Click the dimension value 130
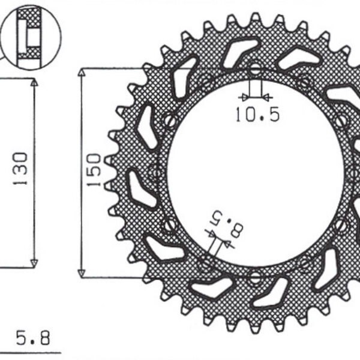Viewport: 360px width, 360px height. pos(20,169)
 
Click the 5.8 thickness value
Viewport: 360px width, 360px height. pos(33,338)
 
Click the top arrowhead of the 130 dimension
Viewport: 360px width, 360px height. pos(34,83)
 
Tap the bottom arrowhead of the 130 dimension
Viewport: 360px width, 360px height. pos(34,262)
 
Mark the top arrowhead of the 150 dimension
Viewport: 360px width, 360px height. pos(82,73)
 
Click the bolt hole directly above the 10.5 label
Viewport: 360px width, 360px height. pos(255,68)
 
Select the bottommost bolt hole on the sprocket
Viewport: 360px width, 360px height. pos(255,277)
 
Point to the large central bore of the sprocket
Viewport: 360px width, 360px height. pos(258,174)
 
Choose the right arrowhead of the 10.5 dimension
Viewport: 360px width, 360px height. pos(266,96)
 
